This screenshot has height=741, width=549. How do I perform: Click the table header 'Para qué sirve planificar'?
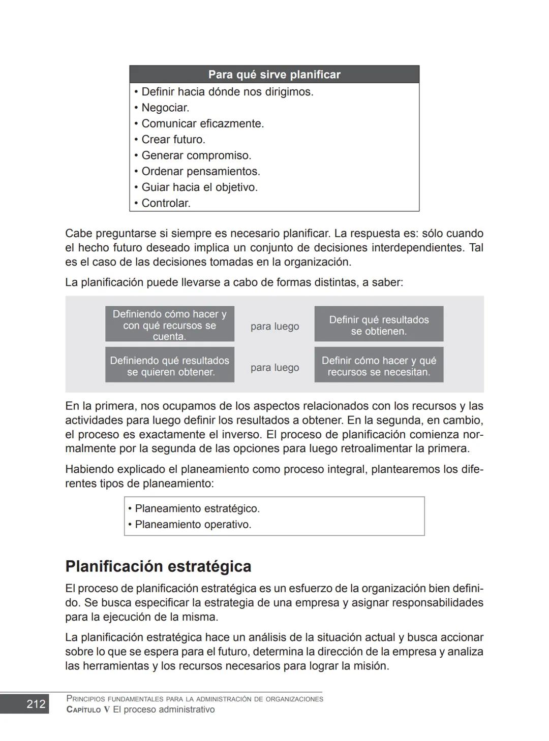coord(274,75)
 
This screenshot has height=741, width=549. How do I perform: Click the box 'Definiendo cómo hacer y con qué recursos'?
coord(170,325)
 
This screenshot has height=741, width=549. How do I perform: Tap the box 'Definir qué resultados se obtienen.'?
coord(379,325)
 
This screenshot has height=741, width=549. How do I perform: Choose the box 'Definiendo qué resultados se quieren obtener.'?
coord(170,366)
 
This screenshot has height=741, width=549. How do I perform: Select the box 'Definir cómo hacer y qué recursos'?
coord(379,366)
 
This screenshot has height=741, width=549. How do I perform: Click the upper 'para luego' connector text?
coord(274,327)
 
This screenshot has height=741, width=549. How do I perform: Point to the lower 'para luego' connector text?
coord(274,368)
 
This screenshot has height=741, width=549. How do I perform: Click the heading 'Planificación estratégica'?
coord(158,566)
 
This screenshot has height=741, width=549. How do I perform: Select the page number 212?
coord(36,704)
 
